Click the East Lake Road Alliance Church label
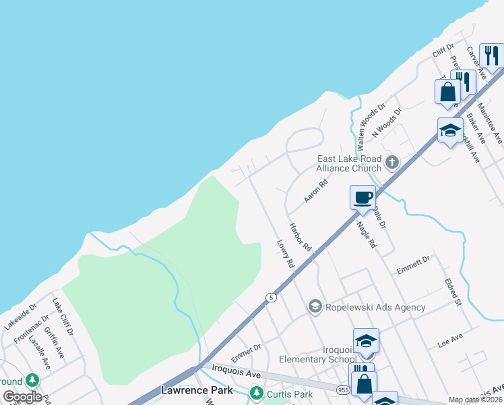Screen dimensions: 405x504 click(350, 163)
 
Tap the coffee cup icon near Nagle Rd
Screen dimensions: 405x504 click(363, 197)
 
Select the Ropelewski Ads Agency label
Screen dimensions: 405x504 click(375, 307)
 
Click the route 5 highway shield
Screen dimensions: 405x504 click(271, 297)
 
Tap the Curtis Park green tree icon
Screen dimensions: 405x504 click(255, 392)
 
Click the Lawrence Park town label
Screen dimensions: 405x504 click(197, 390)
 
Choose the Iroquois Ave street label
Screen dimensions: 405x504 click(236, 373)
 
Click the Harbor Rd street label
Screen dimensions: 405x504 click(300, 238)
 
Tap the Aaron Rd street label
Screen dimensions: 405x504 click(315, 191)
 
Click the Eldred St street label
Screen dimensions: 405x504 click(451, 288)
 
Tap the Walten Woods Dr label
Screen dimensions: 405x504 click(371, 126)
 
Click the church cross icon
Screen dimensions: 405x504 click(392, 163)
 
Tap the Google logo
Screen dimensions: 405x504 click(22, 397)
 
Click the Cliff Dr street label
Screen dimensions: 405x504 click(444, 51)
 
